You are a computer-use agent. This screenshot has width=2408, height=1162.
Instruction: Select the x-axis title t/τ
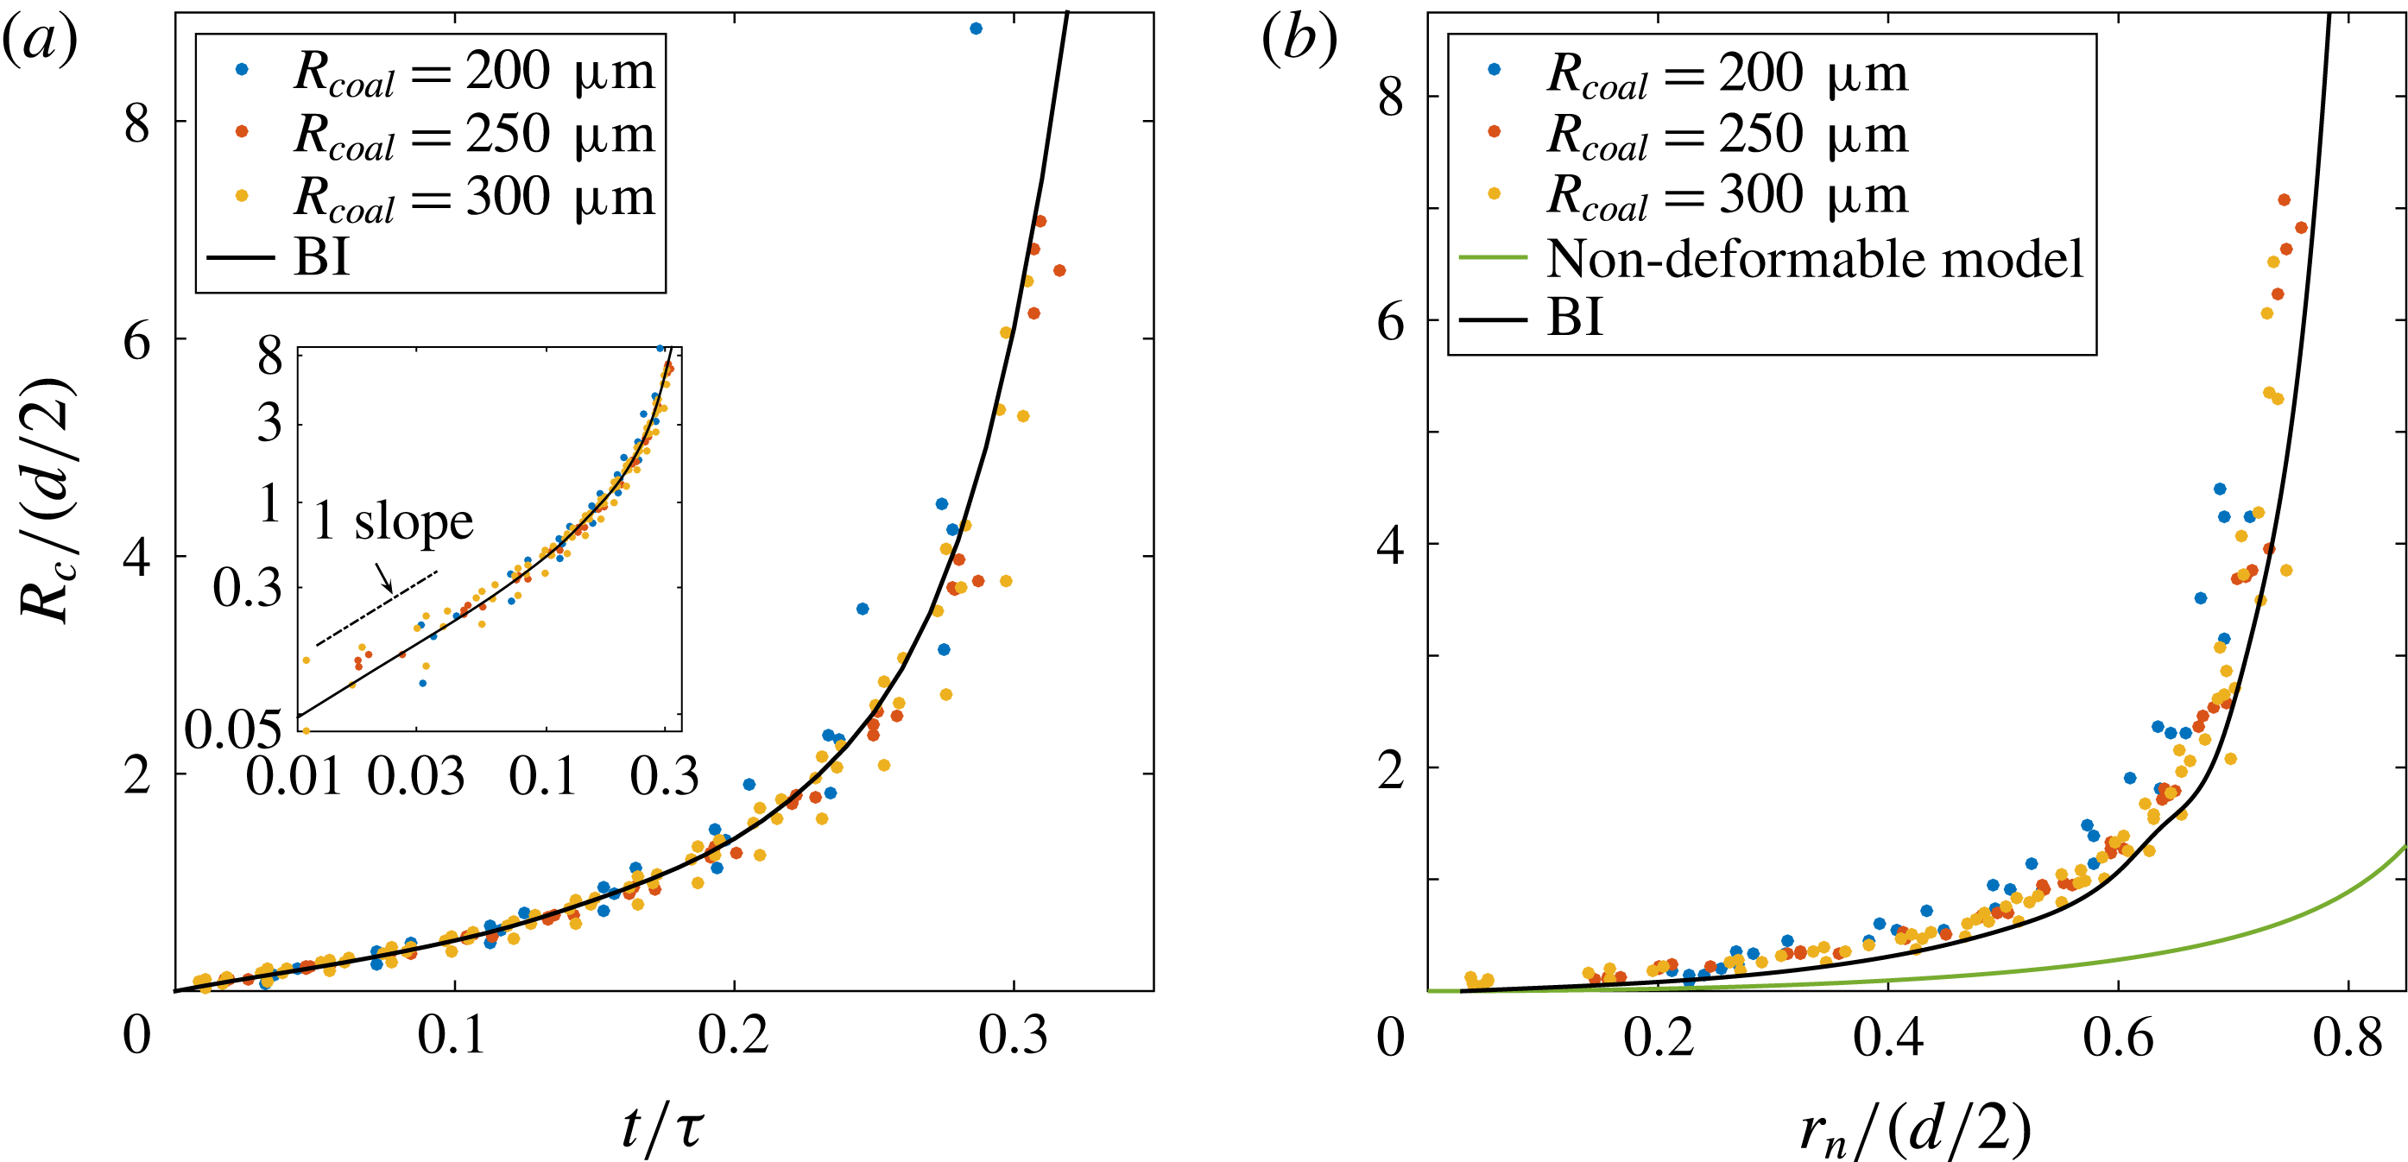point(662,1126)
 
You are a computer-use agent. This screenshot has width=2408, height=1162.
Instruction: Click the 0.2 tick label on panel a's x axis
point(734,1036)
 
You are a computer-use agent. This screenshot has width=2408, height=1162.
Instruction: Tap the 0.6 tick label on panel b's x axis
point(2119,1038)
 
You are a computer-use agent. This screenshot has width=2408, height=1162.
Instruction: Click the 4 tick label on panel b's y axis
point(1390,544)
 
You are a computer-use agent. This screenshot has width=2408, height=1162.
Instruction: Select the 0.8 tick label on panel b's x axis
point(2348,1038)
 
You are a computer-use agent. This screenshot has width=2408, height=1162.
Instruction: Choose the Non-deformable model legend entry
point(1814,258)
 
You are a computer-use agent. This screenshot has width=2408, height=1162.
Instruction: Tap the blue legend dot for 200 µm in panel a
point(242,69)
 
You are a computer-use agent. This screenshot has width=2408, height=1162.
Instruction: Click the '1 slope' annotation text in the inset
point(393,520)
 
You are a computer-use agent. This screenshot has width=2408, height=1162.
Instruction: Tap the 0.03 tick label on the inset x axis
point(416,776)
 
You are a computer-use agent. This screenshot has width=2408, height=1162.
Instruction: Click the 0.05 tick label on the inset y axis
point(233,729)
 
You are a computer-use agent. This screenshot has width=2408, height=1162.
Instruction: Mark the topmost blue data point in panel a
point(976,29)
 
